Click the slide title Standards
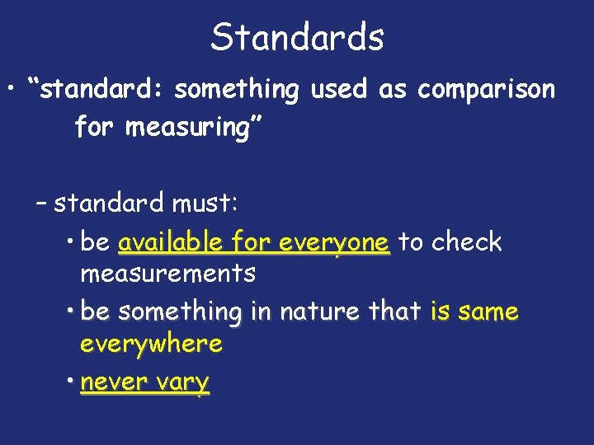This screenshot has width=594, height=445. [297, 37]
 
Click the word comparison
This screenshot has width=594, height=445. [486, 89]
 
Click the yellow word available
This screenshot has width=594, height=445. [170, 243]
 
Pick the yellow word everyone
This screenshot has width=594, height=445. [334, 243]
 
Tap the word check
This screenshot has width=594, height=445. [467, 242]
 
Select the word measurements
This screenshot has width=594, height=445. [167, 272]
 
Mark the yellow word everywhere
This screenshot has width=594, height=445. [151, 343]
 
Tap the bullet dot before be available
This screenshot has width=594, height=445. [72, 241]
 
